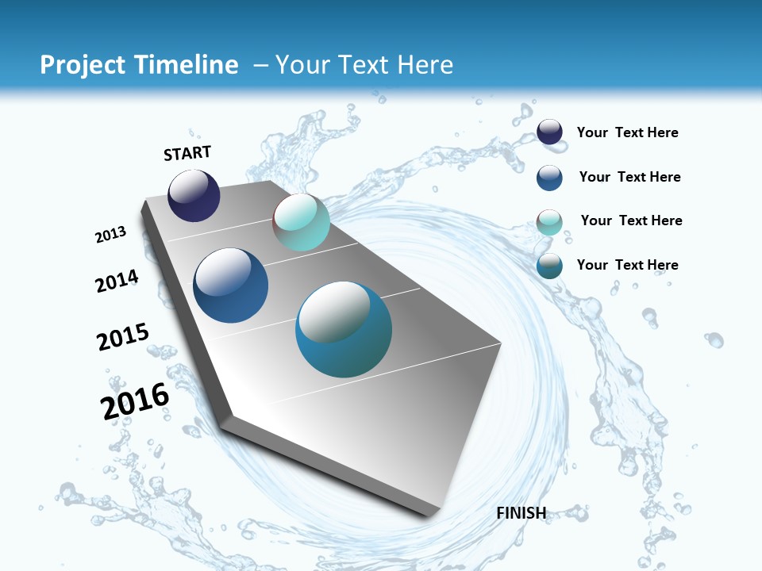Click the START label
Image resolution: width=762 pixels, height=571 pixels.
(187, 153)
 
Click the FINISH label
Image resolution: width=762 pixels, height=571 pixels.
(521, 513)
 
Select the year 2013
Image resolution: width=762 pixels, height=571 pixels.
(110, 235)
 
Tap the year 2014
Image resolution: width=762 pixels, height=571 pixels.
(117, 282)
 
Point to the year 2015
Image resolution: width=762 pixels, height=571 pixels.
(122, 337)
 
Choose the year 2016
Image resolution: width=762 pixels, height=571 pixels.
(135, 401)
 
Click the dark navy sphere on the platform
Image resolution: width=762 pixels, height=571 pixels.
(194, 196)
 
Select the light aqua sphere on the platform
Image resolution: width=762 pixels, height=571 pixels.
(301, 222)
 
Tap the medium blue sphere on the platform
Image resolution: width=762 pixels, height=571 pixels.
(230, 285)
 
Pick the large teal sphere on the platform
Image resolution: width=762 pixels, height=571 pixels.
(344, 329)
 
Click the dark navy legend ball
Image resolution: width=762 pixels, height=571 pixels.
(549, 132)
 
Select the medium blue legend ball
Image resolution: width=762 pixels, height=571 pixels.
(549, 178)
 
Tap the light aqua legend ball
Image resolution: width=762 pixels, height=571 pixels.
(549, 222)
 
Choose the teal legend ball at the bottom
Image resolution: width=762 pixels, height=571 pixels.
(549, 266)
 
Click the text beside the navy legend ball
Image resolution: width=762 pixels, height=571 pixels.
(627, 133)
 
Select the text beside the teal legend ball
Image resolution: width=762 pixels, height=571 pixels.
(627, 265)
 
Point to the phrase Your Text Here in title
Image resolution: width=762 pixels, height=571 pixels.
(364, 65)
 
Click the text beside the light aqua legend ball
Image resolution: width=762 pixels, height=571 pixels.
(631, 220)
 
